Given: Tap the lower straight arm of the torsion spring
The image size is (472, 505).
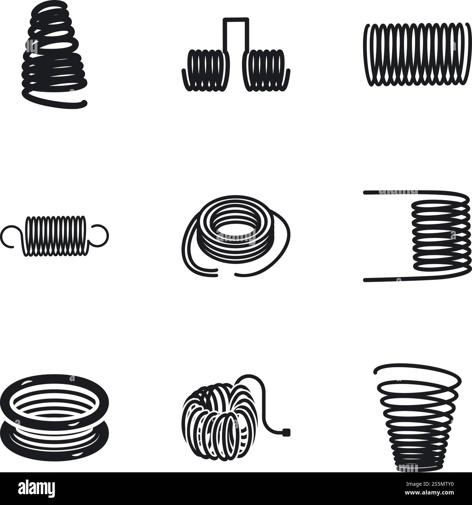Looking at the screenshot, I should pyautogui.click(x=388, y=279).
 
